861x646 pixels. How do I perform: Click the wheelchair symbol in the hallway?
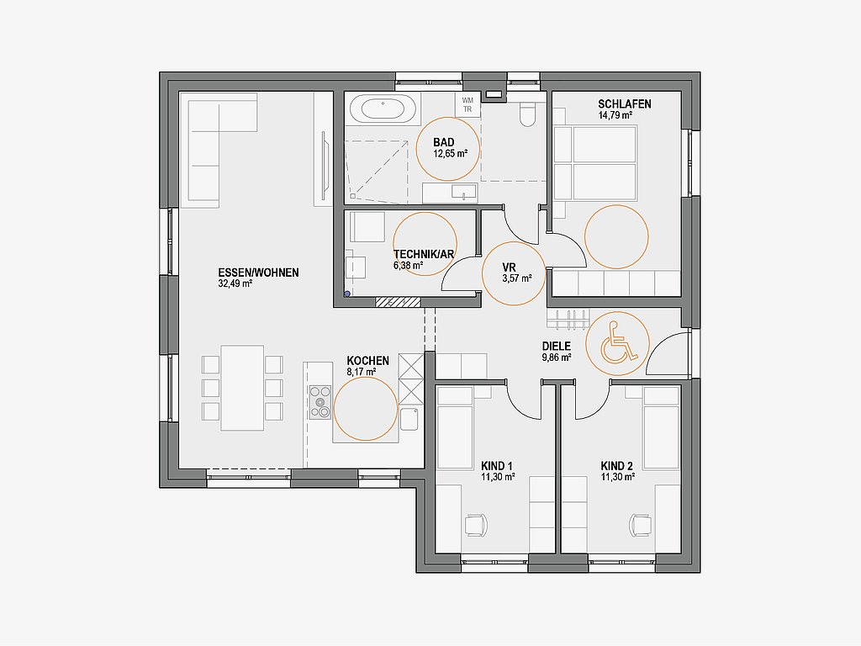619,344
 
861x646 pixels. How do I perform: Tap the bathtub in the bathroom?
383,109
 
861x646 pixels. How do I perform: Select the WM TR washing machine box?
467,104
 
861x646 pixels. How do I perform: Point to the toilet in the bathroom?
527,114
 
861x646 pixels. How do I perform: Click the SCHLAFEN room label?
625,103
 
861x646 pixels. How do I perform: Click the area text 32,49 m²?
235,284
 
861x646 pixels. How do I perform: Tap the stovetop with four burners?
320,403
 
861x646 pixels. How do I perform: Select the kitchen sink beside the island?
409,419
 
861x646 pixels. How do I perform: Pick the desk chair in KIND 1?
476,525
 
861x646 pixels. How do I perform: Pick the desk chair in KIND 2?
640,525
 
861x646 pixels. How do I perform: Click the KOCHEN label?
368,361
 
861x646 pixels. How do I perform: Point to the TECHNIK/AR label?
424,254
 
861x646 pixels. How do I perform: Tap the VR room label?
509,267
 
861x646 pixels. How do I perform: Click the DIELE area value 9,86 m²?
557,357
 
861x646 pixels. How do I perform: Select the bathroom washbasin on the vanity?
464,192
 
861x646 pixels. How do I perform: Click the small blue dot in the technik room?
347,294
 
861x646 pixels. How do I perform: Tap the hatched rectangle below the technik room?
398,302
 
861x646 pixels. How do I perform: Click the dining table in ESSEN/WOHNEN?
242,388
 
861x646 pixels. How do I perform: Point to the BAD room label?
444,143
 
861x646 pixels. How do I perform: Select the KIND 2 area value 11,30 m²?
618,478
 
